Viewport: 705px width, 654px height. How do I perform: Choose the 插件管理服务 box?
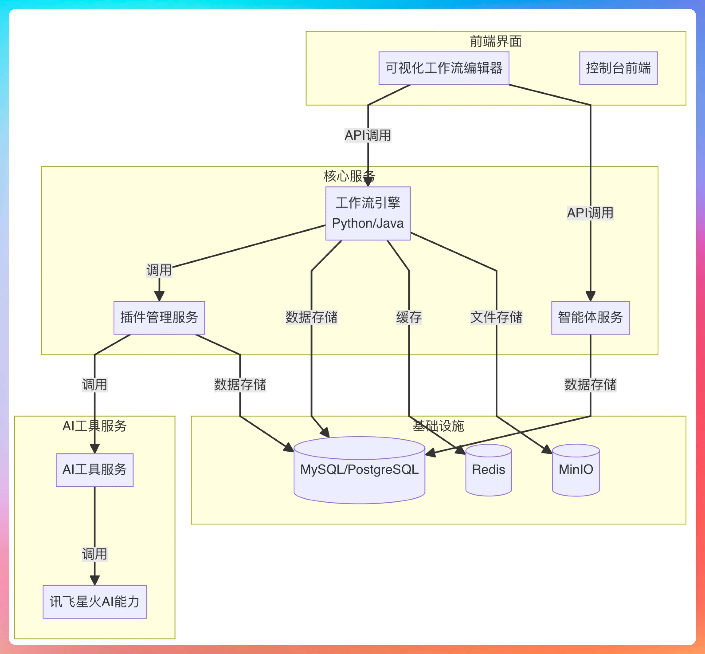[159, 317]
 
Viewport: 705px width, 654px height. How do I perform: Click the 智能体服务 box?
[590, 317]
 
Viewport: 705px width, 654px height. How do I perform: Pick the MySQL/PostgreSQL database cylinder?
[359, 470]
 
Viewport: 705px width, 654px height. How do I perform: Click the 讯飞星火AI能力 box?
[94, 602]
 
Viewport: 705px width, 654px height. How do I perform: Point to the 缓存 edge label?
[409, 317]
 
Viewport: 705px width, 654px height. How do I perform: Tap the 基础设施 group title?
[438, 426]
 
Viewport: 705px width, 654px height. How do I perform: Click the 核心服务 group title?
[349, 176]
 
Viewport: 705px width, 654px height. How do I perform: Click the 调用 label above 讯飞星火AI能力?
[94, 554]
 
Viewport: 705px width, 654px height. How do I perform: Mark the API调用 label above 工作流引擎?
[368, 135]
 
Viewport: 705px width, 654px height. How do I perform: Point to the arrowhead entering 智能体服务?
[590, 296]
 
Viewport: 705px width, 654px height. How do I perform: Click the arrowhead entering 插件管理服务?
[159, 296]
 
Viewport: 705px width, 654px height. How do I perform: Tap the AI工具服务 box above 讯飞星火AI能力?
[94, 470]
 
